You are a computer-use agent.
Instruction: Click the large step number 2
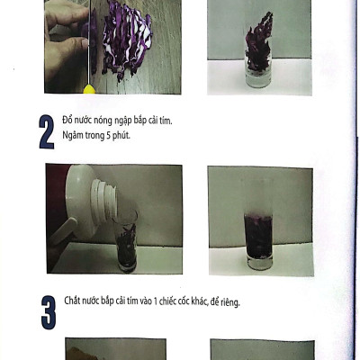[47, 132]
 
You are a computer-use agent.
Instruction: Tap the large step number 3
[49, 312]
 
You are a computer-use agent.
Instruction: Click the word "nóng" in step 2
[103, 121]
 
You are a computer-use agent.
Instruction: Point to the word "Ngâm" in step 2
[73, 136]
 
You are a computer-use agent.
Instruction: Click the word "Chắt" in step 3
[72, 301]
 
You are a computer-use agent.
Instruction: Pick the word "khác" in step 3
[199, 301]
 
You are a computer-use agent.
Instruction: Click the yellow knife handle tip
[89, 89]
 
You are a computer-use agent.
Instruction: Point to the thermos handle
[62, 231]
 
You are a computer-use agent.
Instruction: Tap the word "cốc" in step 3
[183, 301]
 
